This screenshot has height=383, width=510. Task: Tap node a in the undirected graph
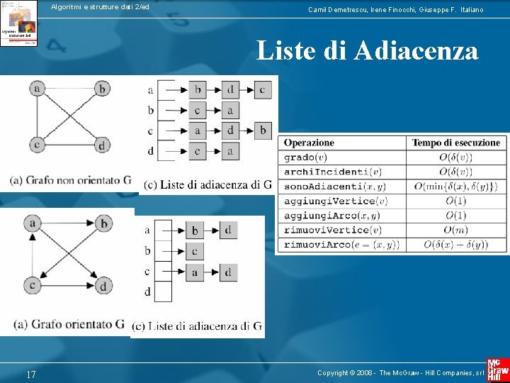pos(38,89)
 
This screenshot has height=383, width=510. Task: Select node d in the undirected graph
pos(103,145)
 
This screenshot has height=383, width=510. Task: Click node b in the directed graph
pos(104,224)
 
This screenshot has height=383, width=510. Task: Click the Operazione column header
pos(310,143)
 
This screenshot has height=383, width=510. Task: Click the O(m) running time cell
pos(457,230)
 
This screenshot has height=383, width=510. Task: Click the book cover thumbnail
pos(19,23)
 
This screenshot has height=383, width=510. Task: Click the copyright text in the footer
pos(400,373)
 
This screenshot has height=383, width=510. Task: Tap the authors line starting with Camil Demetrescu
pos(396,10)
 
